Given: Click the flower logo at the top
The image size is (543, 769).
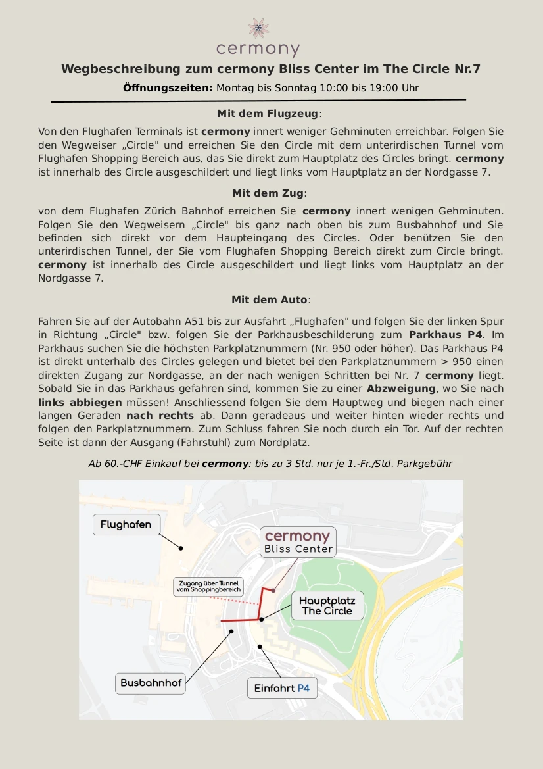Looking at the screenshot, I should pos(258,28).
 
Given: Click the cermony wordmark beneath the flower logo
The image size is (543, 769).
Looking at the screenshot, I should pos(258,49).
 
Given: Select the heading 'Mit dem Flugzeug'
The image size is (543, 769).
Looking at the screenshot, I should pos(269,114).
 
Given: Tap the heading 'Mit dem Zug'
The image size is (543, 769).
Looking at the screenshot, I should pos(269,193).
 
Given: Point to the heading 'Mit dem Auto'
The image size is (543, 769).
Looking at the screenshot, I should pos(270,300).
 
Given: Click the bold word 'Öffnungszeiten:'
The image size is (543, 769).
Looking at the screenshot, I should pos(168,87).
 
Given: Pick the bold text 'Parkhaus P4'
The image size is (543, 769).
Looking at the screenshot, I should pos(446,335).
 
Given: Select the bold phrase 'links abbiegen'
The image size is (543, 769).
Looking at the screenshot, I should pos(80,402).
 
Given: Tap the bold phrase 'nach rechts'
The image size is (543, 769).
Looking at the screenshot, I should pos(160,416).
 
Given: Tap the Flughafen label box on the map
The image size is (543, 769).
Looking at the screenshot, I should pos(126,524).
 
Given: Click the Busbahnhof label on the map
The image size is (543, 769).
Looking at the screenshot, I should pos(151,683).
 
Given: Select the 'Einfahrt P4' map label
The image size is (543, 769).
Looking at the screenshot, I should pos(282,689).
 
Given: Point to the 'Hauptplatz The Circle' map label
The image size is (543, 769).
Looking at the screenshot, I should pos(327,606).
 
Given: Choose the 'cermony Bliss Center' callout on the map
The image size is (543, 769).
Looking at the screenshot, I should pos(298,542).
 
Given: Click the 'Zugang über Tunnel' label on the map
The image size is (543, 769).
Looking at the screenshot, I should pos(208,587).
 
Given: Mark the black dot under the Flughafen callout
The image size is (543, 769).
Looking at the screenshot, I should pos(181,548).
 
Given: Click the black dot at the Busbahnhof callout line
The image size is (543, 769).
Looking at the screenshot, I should pos(231,632).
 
